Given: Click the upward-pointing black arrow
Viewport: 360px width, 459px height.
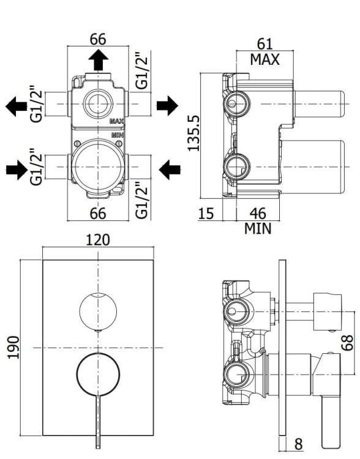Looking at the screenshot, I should pyautogui.click(x=98, y=61).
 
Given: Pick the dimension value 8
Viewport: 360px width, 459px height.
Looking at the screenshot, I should pyautogui.click(x=298, y=444).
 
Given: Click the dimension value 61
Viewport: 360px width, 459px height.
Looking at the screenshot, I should pyautogui.click(x=264, y=44).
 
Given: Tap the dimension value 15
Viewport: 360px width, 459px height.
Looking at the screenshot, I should pyautogui.click(x=208, y=214).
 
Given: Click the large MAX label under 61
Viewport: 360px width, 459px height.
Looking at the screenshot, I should pyautogui.click(x=264, y=59).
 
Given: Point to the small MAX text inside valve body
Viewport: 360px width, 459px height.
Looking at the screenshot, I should pyautogui.click(x=117, y=122).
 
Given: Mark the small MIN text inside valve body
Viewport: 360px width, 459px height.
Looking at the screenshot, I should pyautogui.click(x=118, y=133).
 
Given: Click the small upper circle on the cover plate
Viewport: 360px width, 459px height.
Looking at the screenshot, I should pyautogui.click(x=98, y=310).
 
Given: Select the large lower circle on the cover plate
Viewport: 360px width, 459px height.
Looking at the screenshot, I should pyautogui.click(x=98, y=373).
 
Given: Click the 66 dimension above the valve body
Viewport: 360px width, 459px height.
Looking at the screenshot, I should pyautogui.click(x=98, y=39).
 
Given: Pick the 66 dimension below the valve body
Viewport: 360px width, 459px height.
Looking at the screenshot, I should pyautogui.click(x=98, y=214).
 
